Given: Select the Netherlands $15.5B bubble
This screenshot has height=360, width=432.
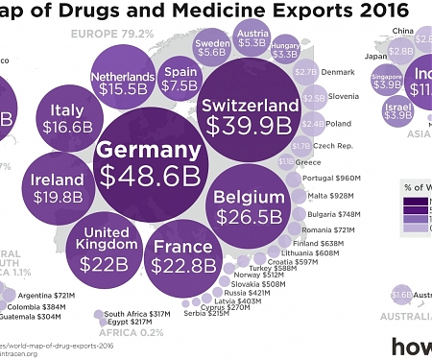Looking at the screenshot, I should pos(122,82).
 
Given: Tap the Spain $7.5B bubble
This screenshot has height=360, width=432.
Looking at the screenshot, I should pos(179,78).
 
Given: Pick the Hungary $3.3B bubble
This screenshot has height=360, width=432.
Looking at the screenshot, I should pos(285,50).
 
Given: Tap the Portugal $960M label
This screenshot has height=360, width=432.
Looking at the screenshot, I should pos(331,179).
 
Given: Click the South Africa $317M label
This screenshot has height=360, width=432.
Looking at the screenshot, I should pos(136,314).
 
